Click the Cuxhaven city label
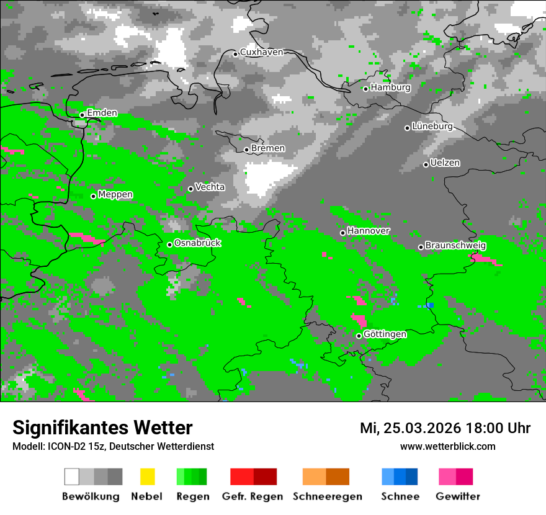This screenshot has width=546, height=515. click(x=261, y=53)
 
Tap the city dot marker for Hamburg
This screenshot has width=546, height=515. click(x=365, y=89)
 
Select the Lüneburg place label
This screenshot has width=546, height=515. click(x=432, y=127)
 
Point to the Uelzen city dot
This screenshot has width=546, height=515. click(x=426, y=164)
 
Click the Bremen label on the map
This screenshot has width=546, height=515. click(x=268, y=148)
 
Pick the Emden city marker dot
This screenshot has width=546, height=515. click(x=82, y=115)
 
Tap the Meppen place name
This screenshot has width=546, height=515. click(x=115, y=195)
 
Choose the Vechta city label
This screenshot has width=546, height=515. click(x=210, y=187)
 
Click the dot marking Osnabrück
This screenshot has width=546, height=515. click(x=169, y=244)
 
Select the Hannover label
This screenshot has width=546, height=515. click(x=369, y=231)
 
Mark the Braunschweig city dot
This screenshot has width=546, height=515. click(x=421, y=247)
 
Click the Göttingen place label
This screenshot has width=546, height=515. click(x=385, y=334)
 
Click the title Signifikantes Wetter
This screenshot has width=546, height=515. click(x=102, y=428)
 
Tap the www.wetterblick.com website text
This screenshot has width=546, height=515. click(x=448, y=446)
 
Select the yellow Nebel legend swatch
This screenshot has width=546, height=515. click(x=147, y=477)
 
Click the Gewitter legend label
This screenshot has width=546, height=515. click(x=458, y=496)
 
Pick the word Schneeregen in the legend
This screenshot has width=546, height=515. click(x=328, y=496)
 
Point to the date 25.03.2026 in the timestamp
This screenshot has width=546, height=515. click(x=419, y=428)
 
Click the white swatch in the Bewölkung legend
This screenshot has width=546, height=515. click(x=71, y=477)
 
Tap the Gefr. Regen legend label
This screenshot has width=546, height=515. click(x=253, y=496)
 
